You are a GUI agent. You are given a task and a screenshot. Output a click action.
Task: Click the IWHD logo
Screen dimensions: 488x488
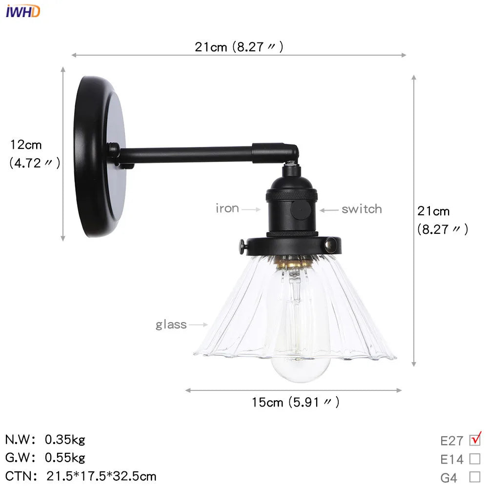point(23,11)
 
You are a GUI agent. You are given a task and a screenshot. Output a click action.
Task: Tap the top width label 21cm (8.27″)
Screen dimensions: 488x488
point(239,47)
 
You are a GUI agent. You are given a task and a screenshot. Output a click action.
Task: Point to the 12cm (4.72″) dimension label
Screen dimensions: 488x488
point(34,154)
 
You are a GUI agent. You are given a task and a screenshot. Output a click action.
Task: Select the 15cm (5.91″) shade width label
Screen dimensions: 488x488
point(295,402)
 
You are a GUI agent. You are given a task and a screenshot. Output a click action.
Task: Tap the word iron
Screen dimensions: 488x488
point(227,209)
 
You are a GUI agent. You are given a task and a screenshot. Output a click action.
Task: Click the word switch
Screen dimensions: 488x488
point(361,209)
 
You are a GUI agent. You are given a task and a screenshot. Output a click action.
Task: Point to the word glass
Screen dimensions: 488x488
point(171,325)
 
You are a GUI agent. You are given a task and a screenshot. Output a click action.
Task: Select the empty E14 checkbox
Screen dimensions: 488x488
point(474,459)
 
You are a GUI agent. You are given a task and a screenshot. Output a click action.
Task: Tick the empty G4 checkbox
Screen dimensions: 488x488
point(474,477)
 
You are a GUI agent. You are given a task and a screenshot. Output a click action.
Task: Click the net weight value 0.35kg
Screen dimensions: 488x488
point(65,440)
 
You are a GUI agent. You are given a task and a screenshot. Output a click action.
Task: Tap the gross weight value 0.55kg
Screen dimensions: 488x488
point(65,458)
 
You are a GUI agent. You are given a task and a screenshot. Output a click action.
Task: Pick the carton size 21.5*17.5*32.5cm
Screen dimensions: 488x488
point(102,476)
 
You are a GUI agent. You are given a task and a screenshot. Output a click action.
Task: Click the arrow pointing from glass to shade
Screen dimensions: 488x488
point(199,325)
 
